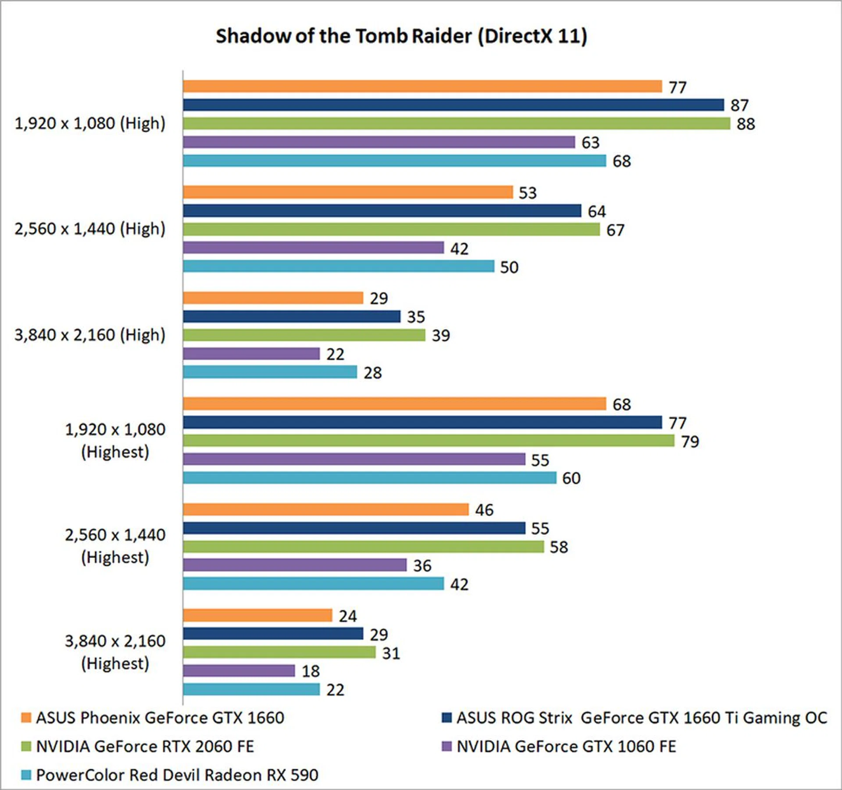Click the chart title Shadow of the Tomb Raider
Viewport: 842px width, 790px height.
click(401, 36)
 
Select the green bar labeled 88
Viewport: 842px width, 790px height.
click(456, 124)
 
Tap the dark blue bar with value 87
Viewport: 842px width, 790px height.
click(453, 105)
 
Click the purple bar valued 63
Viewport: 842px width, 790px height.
click(379, 142)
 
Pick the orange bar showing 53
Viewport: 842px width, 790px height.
click(348, 192)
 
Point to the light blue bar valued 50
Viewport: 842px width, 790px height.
click(339, 266)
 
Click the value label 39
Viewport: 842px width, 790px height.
click(441, 336)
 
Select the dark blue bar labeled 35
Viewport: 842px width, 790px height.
click(292, 317)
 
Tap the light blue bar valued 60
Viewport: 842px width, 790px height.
click(370, 478)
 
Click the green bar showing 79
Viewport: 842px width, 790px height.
click(428, 441)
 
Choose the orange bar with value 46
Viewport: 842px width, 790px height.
click(326, 509)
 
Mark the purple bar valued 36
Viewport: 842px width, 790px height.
click(295, 565)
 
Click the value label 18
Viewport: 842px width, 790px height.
click(310, 671)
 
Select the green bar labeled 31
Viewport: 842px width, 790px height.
click(279, 653)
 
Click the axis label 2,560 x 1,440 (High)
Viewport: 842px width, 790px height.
click(90, 229)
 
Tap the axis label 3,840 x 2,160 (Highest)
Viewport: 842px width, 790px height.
click(115, 652)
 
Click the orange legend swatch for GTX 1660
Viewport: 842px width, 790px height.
click(26, 718)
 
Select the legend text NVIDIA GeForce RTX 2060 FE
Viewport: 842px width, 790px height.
click(145, 747)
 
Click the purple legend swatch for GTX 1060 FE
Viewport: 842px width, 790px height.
click(447, 747)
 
